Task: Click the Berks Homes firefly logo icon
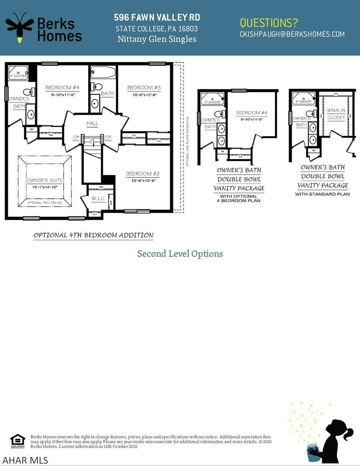tap(19, 27)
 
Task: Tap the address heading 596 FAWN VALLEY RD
tap(157, 18)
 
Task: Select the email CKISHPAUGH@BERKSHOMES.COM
tap(292, 34)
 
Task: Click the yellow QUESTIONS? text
tap(269, 22)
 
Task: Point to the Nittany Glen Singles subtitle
tap(157, 39)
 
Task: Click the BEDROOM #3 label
tap(144, 88)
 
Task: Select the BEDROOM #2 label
tap(142, 174)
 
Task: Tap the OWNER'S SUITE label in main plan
tap(45, 181)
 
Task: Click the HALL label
tap(92, 123)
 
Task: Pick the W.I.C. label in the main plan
tap(98, 198)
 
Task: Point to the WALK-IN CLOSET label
tap(336, 114)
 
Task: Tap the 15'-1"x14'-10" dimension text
tap(45, 187)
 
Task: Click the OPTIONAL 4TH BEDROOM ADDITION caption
tap(93, 236)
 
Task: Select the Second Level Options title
tap(180, 254)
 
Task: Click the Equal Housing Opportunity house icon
tap(17, 440)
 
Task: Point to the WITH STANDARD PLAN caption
tap(322, 194)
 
